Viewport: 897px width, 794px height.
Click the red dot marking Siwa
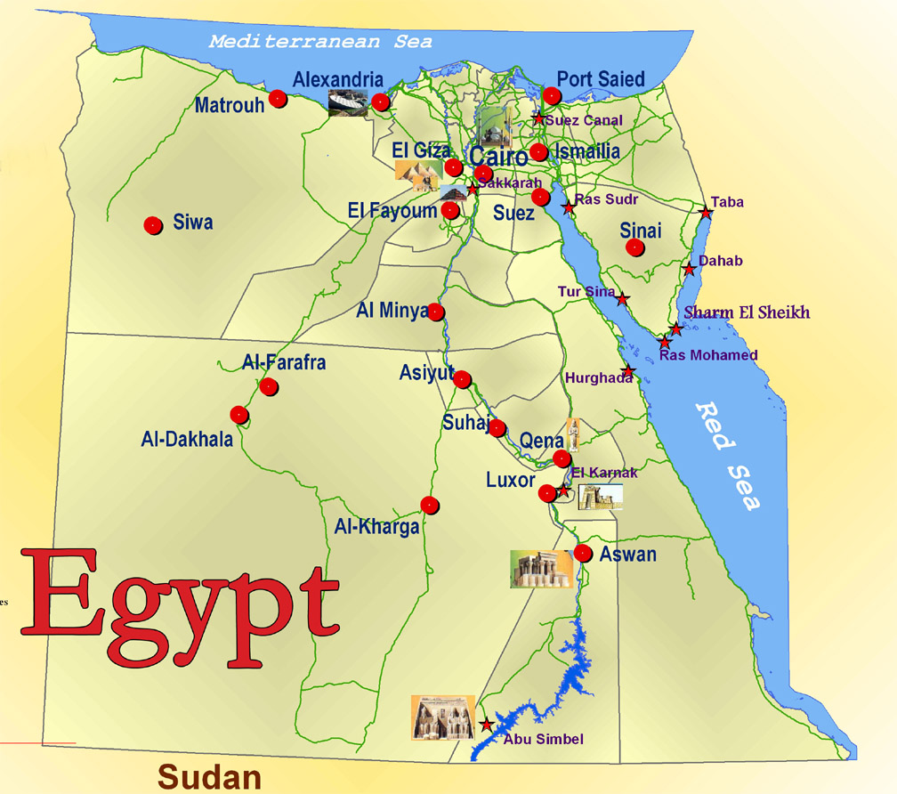coord(153,225)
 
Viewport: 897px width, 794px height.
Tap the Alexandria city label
coord(338,80)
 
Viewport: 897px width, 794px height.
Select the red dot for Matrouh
coord(279,99)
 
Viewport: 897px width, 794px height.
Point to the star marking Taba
coord(706,213)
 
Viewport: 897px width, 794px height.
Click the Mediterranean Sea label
coord(320,41)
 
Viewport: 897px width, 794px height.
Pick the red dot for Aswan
coord(583,553)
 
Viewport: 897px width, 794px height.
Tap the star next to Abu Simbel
coord(486,725)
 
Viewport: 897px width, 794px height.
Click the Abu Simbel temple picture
coord(442,717)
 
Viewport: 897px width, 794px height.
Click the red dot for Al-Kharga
coord(430,505)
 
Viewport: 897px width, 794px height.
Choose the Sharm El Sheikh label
coord(747,312)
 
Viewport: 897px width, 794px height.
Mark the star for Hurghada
coord(628,370)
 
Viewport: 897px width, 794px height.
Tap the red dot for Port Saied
coord(552,96)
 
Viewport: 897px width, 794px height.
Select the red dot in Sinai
coord(634,247)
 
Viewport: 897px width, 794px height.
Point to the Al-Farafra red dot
coord(268,386)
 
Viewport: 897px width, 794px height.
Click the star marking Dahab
coord(689,269)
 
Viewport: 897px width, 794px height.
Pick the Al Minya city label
coord(392,311)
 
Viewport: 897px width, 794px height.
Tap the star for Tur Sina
coord(623,299)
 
